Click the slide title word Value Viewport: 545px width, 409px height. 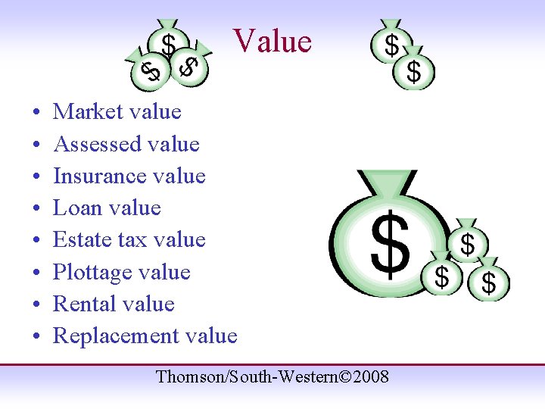[x=272, y=41]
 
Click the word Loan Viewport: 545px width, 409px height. [x=73, y=208]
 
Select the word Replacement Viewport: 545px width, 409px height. [x=108, y=336]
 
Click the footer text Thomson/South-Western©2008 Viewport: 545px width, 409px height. [x=272, y=376]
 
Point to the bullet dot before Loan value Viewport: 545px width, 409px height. [x=37, y=209]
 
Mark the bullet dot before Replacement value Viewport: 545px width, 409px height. [x=37, y=337]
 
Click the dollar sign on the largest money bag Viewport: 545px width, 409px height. [x=390, y=244]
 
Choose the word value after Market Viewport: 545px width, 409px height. [x=155, y=112]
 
